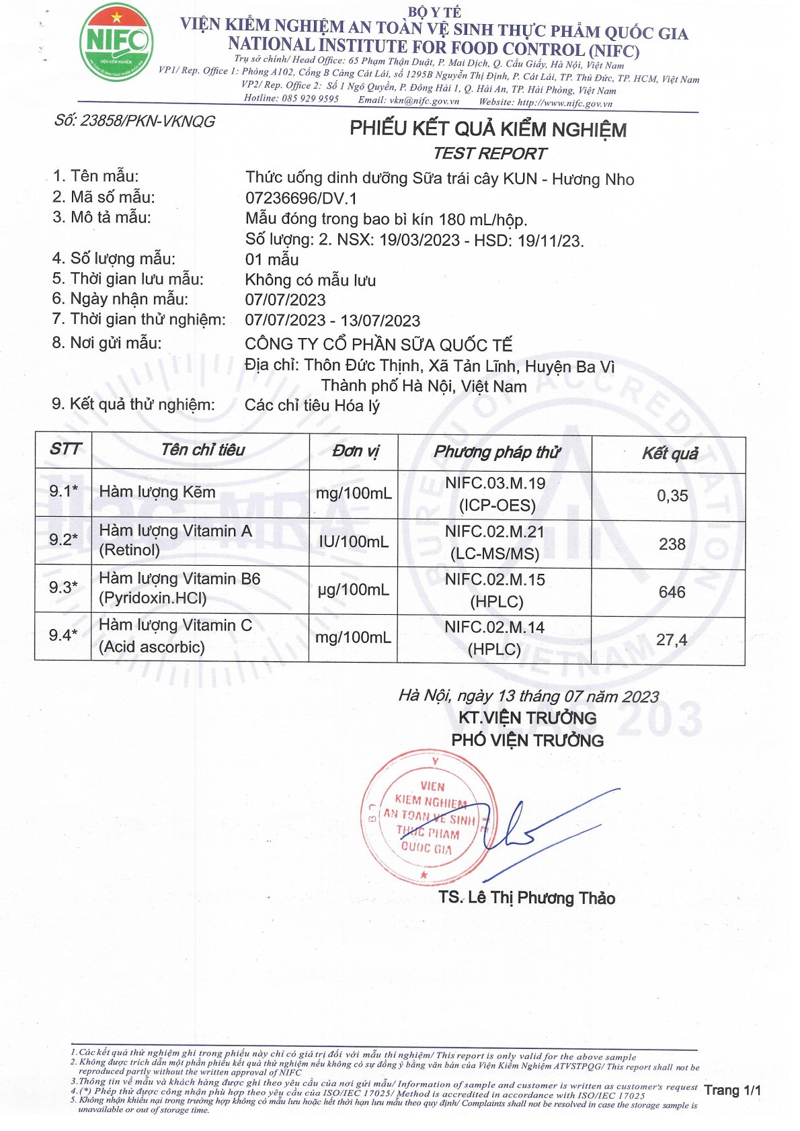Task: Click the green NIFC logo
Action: (x=116, y=42)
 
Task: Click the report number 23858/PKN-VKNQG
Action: (x=134, y=122)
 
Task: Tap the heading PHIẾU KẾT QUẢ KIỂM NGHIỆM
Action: (x=487, y=129)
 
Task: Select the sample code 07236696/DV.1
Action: (x=301, y=198)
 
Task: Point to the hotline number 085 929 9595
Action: (x=310, y=99)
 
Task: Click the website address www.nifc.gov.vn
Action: (x=565, y=103)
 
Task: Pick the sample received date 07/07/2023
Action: (x=285, y=300)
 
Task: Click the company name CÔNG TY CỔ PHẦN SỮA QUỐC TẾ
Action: (x=378, y=345)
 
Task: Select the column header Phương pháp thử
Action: (x=496, y=452)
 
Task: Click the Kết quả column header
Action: (x=670, y=454)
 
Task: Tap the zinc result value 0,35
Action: (x=672, y=496)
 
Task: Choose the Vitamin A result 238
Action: (x=672, y=544)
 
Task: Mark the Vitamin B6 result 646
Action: (x=672, y=592)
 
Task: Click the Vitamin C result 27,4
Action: (x=672, y=640)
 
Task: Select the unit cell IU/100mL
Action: (x=354, y=542)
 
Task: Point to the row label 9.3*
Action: (x=63, y=587)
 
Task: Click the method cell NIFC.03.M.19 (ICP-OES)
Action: (x=495, y=495)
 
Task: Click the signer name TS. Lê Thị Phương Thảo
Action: (x=526, y=898)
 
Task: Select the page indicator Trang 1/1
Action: (x=732, y=1090)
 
